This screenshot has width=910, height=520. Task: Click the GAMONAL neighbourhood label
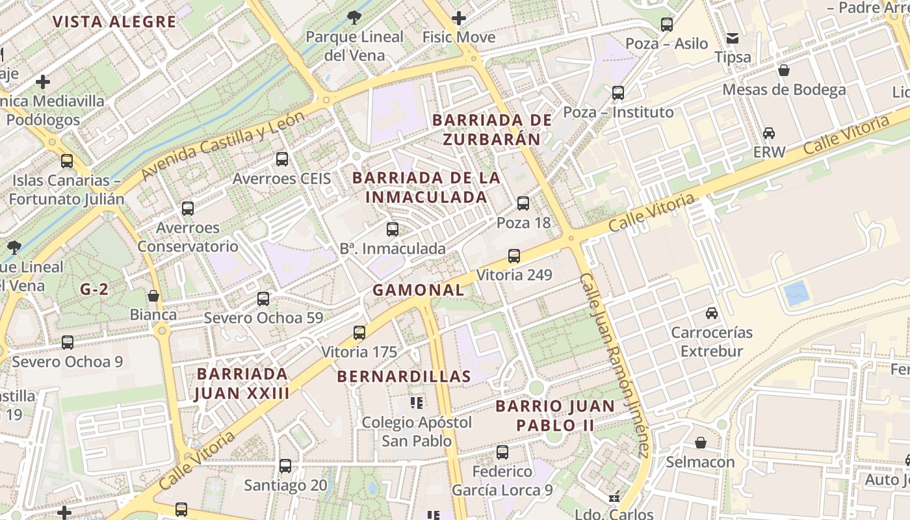418,290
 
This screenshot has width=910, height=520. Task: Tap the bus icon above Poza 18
523,203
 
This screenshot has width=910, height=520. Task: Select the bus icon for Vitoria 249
514,255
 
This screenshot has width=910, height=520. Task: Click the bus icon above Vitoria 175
359,333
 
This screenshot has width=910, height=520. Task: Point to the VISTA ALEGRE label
114,21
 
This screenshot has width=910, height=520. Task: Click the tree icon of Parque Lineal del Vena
354,18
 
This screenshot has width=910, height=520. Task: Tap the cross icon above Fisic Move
459,18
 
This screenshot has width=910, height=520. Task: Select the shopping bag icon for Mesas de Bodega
784,70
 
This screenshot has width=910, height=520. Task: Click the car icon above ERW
769,133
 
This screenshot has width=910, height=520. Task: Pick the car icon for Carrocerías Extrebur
712,313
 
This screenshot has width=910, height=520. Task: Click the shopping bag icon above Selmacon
701,443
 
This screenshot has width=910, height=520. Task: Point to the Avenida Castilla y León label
223,146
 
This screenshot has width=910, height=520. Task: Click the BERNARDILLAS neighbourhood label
404,376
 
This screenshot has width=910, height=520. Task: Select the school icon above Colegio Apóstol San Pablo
417,403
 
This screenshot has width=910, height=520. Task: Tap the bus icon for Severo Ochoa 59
263,299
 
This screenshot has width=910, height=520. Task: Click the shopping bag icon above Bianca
153,296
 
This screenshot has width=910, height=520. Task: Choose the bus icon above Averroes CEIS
282,159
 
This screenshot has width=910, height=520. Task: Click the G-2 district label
94,290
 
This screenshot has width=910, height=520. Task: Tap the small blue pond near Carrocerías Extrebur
796,294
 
